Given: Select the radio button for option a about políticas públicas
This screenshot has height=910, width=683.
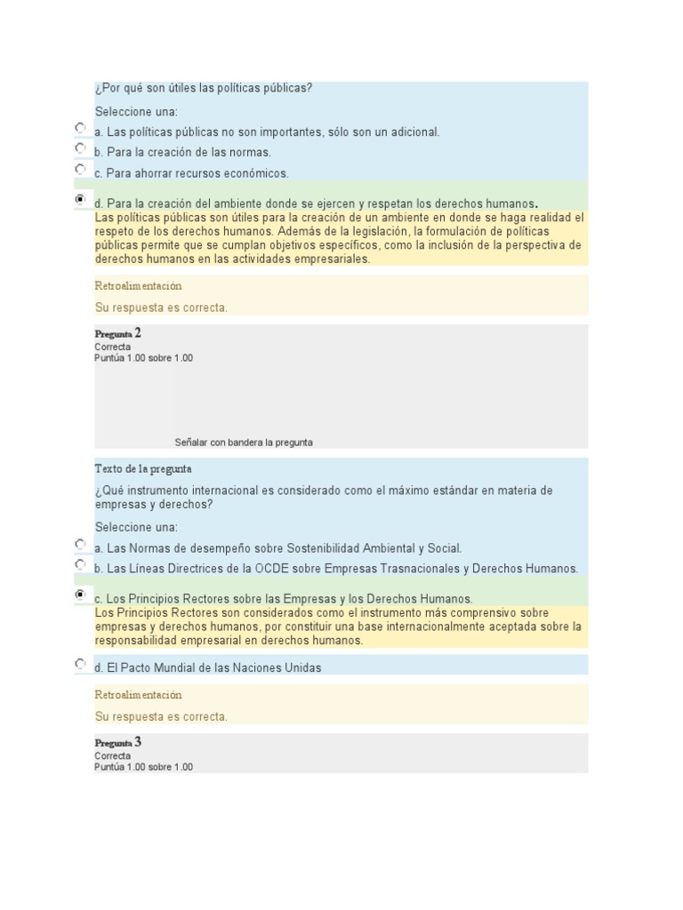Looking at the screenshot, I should (81, 128).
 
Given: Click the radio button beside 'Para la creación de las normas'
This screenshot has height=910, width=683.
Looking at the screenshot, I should (81, 148).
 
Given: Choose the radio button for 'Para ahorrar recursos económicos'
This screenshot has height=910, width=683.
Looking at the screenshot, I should (81, 169).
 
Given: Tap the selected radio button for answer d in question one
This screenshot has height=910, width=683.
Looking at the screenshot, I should (81, 200).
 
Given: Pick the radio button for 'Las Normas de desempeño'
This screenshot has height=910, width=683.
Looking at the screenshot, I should (81, 544).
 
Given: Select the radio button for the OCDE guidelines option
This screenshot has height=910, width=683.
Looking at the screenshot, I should (81, 564).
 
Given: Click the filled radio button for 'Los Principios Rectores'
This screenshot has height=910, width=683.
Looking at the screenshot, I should (81, 594).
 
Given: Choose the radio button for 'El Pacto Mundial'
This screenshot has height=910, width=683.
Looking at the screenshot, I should (81, 663).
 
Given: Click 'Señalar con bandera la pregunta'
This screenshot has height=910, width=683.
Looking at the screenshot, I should (244, 442).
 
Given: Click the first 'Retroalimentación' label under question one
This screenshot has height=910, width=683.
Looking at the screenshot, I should (137, 286).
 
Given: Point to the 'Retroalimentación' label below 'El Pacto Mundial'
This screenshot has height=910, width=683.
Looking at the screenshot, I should (137, 695).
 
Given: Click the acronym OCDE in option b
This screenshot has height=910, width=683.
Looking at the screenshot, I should (271, 569).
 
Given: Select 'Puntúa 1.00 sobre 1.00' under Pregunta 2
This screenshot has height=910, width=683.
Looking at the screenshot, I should (143, 358).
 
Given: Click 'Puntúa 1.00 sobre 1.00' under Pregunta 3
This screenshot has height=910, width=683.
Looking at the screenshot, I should (143, 767).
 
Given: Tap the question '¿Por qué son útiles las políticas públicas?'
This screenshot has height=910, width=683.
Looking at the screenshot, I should (203, 88).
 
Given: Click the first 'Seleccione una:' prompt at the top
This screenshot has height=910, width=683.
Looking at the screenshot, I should (136, 112).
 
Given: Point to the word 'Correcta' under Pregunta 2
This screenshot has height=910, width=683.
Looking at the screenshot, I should (112, 347).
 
